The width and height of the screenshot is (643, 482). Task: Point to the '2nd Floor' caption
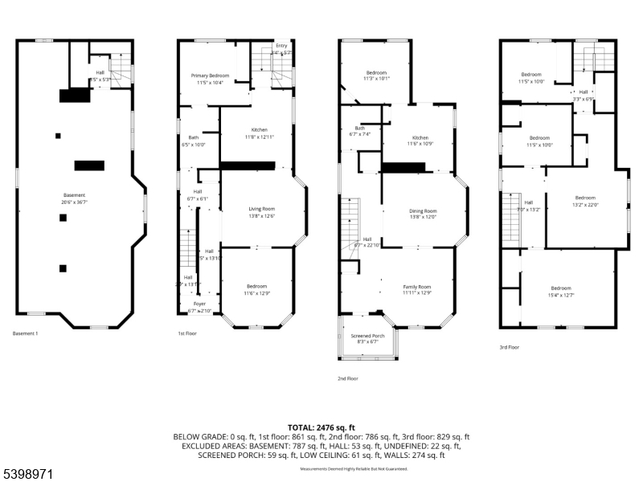347,378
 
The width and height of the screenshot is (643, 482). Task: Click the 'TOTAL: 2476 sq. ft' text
321,427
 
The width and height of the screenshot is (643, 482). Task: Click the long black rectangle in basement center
89,165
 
